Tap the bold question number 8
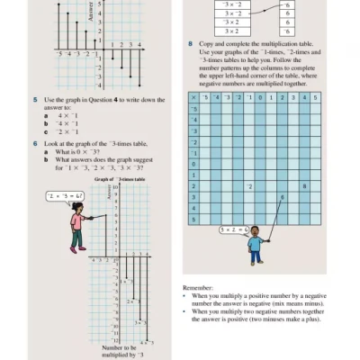190,43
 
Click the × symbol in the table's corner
193,97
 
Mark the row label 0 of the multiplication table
193,164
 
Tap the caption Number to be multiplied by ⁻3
119,351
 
